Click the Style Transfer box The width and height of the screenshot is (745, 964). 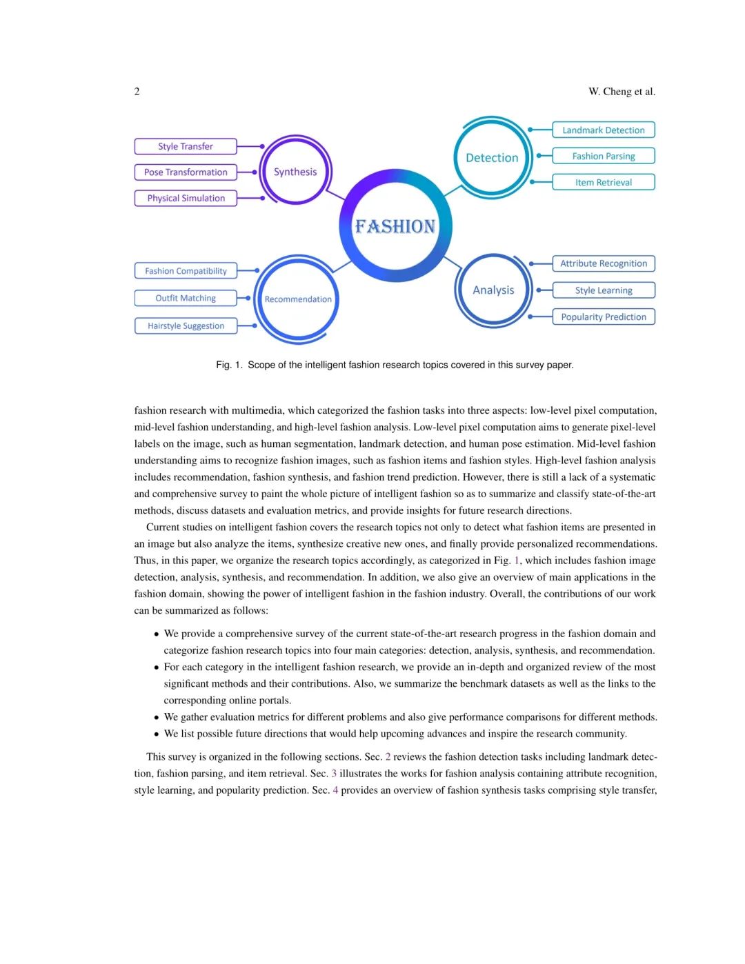point(186,146)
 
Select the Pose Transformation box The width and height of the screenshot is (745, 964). point(186,172)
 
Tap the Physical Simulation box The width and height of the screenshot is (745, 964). point(186,199)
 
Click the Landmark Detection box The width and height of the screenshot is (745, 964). point(604,130)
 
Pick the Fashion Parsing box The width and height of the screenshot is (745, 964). point(604,157)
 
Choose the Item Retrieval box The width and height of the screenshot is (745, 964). point(604,183)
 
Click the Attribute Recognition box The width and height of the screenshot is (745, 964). point(604,263)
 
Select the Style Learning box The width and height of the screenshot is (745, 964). point(604,290)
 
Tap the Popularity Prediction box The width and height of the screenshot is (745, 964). point(604,317)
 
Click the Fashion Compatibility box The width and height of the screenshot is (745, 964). point(186,271)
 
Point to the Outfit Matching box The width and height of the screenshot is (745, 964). point(186,298)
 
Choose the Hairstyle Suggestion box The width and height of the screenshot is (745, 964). point(186,326)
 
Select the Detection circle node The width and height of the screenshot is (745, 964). point(492,158)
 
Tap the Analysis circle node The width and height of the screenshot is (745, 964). point(493,290)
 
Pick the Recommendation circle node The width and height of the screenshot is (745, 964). point(298,299)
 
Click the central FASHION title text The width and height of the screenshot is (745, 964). point(395,226)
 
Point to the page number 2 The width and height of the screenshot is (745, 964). point(137,91)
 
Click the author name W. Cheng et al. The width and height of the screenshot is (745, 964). point(622,91)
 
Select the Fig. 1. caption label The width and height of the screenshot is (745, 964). point(229,365)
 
